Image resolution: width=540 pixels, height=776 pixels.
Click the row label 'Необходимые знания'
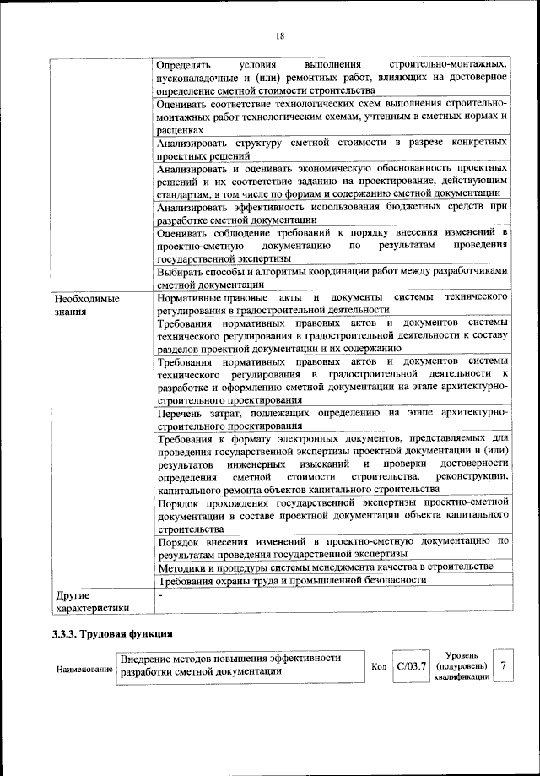coord(86,305)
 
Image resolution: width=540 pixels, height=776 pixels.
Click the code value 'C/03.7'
coord(413,666)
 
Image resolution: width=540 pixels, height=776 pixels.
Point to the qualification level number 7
coord(503,665)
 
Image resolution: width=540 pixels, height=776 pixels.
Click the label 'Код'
coord(379,667)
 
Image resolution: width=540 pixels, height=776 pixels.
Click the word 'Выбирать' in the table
coord(182,271)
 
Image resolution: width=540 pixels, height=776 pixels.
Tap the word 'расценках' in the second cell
coord(180,132)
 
